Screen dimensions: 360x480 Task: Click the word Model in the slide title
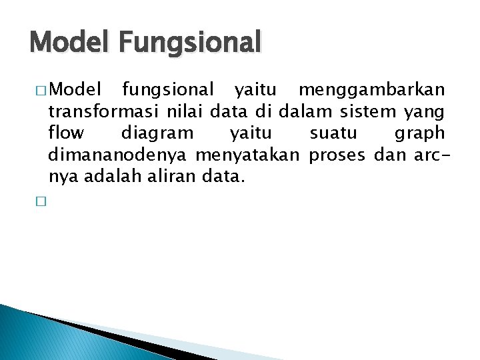point(69,42)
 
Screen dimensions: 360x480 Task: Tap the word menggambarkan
point(371,89)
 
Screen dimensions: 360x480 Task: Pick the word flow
point(66,133)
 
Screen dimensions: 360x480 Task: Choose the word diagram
point(157,134)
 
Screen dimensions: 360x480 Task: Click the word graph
point(419,134)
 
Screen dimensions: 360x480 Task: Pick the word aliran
point(163,177)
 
